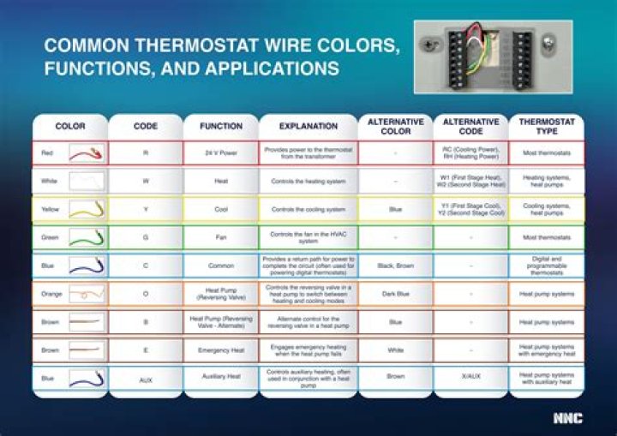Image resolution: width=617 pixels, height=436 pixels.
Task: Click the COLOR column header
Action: point(70,126)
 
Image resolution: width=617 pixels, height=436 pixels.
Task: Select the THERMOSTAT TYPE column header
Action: point(546,126)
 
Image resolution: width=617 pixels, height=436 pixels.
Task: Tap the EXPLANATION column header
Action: point(308,126)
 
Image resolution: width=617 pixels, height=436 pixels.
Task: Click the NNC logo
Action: point(566,418)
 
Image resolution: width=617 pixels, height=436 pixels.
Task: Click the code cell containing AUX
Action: point(146,376)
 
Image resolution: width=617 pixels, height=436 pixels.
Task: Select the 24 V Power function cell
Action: point(221,153)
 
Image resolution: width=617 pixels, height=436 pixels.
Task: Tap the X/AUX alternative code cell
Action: point(470,376)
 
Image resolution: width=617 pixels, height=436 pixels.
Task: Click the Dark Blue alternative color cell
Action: point(396,293)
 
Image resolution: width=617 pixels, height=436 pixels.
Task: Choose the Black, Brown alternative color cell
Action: point(396,266)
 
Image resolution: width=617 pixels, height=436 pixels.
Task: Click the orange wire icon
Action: point(87,294)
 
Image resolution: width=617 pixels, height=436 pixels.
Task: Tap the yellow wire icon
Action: point(87,209)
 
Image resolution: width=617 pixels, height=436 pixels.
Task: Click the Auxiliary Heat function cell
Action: point(221,376)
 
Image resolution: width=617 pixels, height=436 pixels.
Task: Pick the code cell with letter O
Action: point(146,294)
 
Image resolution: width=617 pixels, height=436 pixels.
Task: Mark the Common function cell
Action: point(221,266)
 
